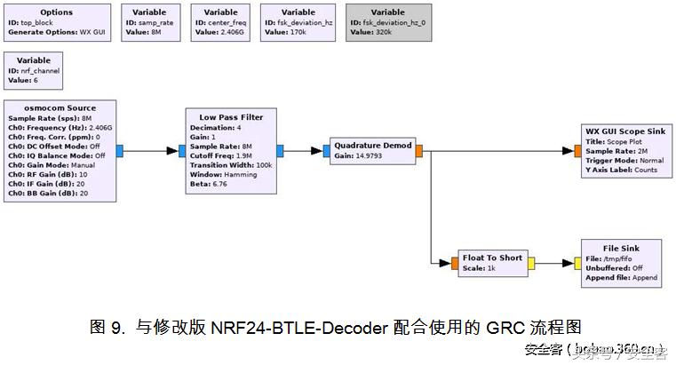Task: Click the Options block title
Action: pos(57,12)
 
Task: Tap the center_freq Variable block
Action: pos(219,22)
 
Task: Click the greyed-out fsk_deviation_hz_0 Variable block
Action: pos(387,22)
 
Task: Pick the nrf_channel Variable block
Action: pos(34,69)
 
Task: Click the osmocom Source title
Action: pos(60,107)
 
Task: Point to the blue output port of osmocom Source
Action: pos(120,151)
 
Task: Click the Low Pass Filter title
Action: pos(231,117)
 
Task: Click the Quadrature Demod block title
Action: pos(373,144)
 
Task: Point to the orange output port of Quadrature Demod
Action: pos(419,151)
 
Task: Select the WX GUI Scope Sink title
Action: pos(624,131)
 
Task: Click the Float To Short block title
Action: pos(491,258)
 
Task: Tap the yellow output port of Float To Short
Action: pos(530,263)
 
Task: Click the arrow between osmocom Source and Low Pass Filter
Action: pos(151,151)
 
